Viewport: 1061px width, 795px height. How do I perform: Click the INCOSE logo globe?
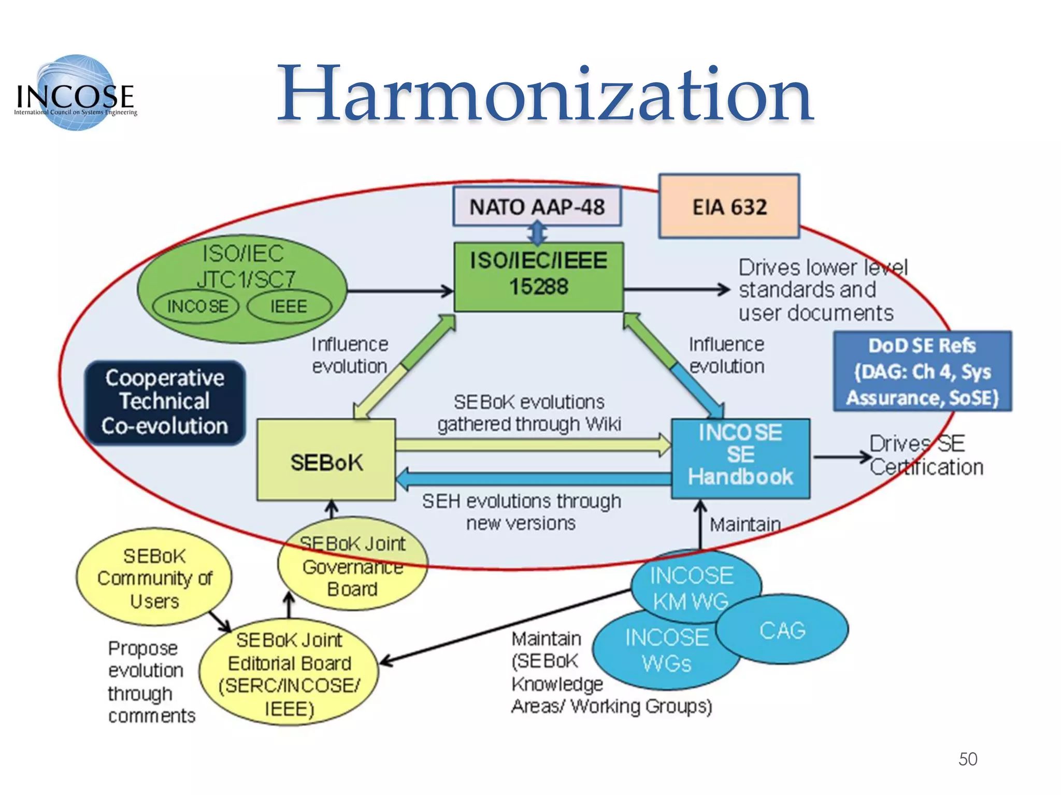click(x=76, y=92)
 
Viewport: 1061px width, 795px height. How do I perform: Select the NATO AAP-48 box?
click(x=537, y=207)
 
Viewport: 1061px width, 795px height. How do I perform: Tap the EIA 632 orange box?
click(x=729, y=207)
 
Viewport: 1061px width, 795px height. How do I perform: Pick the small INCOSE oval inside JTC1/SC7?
click(x=196, y=306)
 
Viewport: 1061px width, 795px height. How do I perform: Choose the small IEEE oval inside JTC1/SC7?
click(x=289, y=306)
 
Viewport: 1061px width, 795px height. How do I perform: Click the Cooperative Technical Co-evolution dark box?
click(x=165, y=402)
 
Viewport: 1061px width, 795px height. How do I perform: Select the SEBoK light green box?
click(x=326, y=461)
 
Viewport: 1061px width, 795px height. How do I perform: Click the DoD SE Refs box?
click(x=922, y=372)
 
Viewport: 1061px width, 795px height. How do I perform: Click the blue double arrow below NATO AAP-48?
click(x=538, y=233)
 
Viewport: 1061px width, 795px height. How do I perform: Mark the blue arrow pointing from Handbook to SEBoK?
click(x=534, y=479)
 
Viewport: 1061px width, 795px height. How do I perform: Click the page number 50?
click(x=967, y=759)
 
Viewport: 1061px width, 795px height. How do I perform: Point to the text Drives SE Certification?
click(x=925, y=455)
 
